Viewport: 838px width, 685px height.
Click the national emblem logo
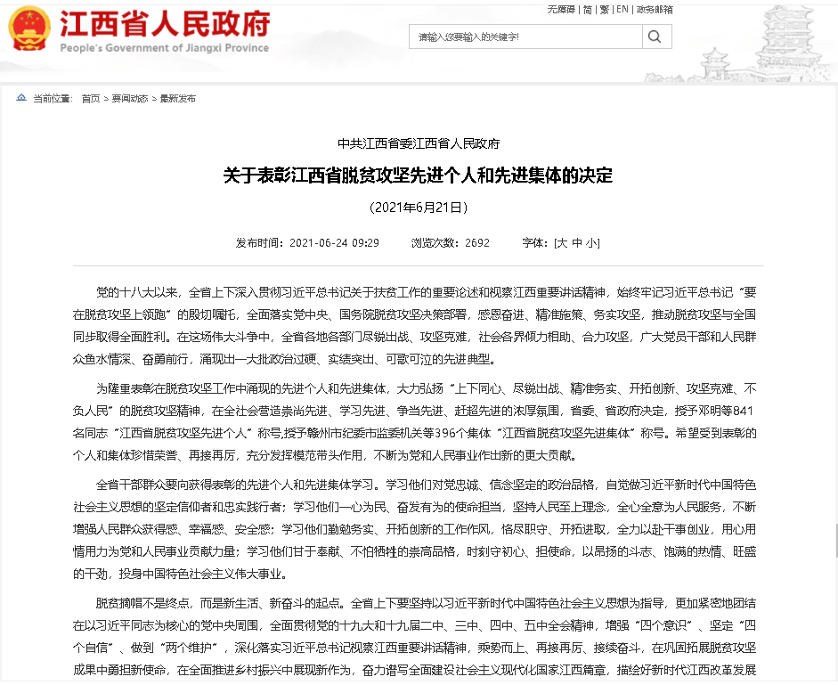point(29,29)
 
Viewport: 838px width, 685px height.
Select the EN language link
point(622,9)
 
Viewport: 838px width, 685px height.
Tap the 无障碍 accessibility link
point(561,9)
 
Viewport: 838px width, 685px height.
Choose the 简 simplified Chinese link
point(587,9)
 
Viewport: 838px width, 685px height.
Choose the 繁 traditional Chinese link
point(604,9)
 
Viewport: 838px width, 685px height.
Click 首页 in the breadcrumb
point(90,99)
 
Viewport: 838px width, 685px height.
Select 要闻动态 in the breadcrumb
point(130,99)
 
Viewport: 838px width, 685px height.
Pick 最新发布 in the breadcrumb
point(177,99)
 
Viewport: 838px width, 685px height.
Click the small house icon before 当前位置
point(21,98)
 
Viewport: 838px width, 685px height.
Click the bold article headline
point(418,175)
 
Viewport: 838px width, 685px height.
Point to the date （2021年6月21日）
point(418,208)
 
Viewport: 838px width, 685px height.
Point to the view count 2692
point(477,242)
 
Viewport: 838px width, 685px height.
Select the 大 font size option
point(561,242)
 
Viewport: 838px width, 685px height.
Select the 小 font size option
point(592,242)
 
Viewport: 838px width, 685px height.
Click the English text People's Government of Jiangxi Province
point(164,48)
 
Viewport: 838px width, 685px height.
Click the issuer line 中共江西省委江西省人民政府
point(418,143)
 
